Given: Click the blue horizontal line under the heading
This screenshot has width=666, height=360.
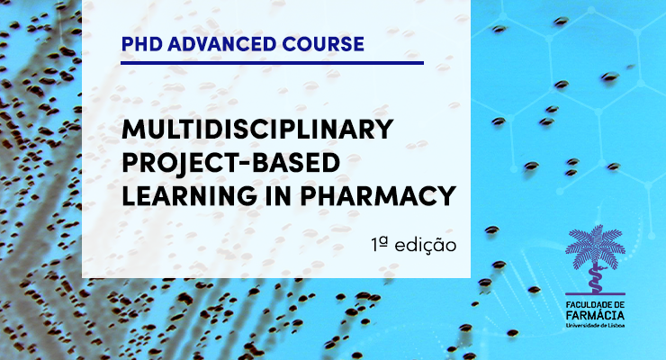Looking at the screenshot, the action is tap(273, 63).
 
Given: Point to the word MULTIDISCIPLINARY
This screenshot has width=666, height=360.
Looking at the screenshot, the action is tap(257, 129).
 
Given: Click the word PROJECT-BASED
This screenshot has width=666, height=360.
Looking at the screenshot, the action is tap(230, 163).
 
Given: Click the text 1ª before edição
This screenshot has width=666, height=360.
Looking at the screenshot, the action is tap(380, 244).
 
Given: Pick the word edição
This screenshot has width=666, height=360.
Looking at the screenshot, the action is tap(426, 245).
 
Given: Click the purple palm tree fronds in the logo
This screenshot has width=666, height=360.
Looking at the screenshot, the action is tap(595, 247).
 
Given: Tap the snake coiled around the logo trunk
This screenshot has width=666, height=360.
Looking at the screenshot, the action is tap(595, 277).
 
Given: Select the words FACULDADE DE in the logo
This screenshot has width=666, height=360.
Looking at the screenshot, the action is tap(595, 304).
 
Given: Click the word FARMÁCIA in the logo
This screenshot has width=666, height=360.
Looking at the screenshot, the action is tap(595, 315).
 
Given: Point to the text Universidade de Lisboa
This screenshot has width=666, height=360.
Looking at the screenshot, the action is tap(595, 325).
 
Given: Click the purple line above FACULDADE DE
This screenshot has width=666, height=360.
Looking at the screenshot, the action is tap(595, 293).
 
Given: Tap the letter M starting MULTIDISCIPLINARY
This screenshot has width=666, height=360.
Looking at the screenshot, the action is tap(132, 129).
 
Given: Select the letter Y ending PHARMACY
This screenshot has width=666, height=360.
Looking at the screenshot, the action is tap(446, 195).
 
